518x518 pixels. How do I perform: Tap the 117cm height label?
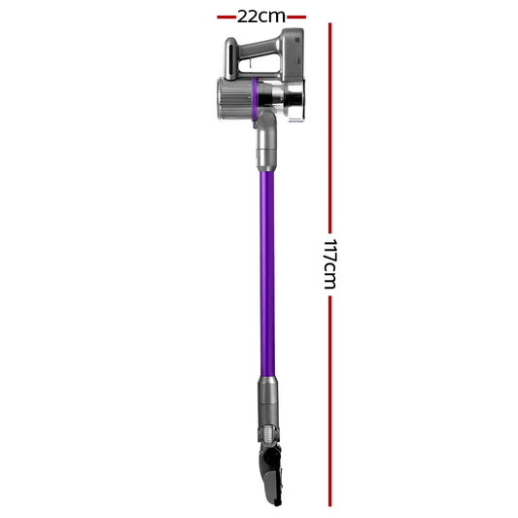[x=330, y=263]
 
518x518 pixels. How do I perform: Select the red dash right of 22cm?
[x=295, y=17]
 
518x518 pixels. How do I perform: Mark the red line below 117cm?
[x=330, y=398]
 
